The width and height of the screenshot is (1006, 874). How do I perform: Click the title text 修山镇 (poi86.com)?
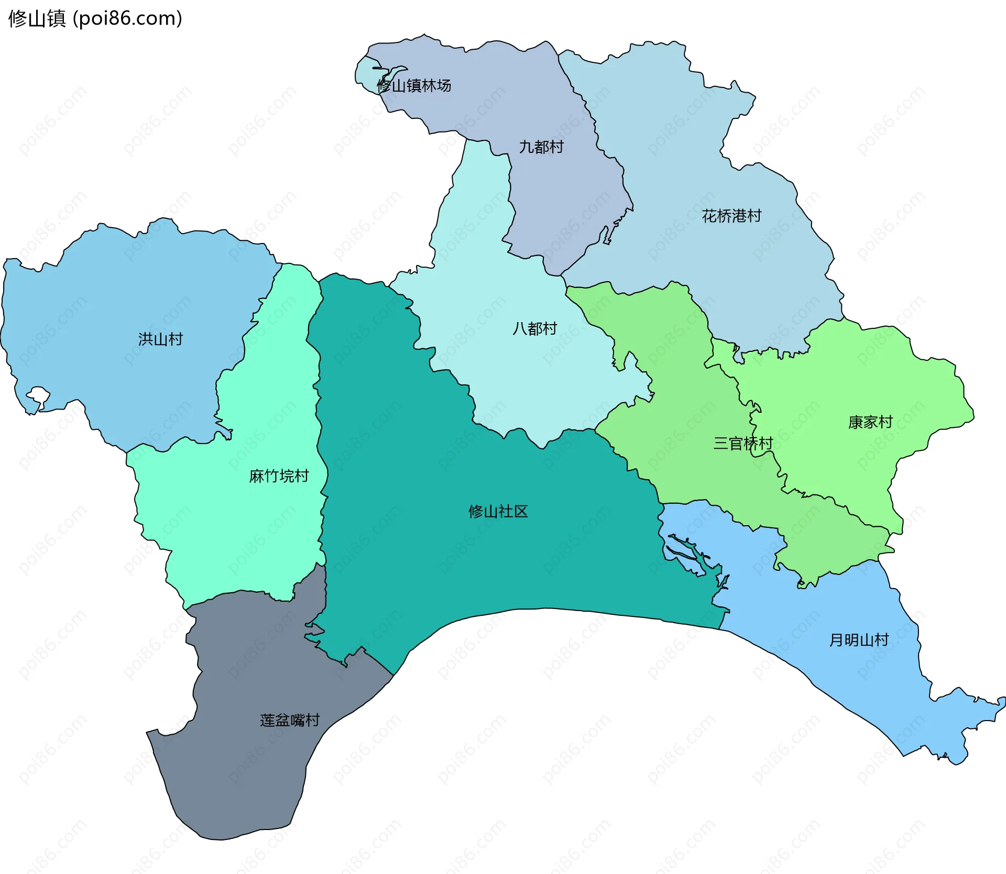point(95,18)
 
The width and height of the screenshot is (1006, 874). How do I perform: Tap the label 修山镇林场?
point(414,85)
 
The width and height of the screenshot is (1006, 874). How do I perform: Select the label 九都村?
point(541,147)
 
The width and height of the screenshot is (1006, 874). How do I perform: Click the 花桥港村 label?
point(731,216)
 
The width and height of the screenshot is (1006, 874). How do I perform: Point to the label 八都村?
point(534,329)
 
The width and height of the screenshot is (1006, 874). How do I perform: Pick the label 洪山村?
point(160,339)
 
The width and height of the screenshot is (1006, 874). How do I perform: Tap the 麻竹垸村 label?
point(279,476)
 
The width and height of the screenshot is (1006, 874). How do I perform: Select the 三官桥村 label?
point(743,444)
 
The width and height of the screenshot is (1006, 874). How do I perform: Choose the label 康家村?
point(870,422)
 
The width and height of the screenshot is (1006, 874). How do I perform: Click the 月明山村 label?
point(859,640)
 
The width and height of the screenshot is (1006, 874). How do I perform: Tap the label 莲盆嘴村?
point(290,721)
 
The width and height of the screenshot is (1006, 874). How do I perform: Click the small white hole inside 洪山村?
point(38,395)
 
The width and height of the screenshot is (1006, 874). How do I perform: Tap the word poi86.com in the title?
point(128,18)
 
